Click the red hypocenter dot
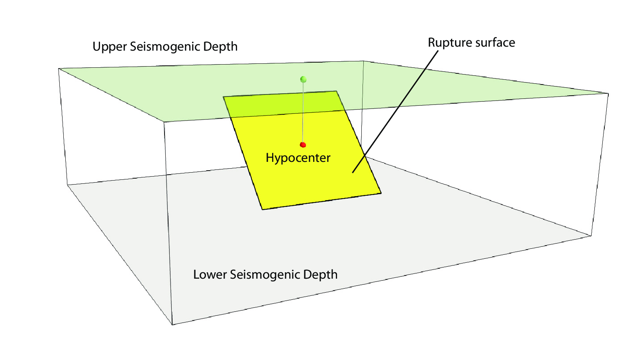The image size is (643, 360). coord(303,145)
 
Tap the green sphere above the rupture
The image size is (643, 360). coord(303,79)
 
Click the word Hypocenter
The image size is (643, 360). coord(298,158)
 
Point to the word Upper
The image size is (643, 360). coord(110,47)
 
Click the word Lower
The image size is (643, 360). coord(210,275)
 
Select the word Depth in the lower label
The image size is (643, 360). coord(320,275)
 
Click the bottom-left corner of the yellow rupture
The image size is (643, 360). coord(262,209)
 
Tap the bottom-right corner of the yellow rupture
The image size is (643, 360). coord(381,193)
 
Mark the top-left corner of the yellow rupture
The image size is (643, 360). coord(223,97)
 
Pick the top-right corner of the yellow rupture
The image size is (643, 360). coord(337,91)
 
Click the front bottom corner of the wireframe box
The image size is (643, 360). coord(172,325)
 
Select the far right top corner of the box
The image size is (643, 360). coord(608,93)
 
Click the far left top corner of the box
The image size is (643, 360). coord(59,69)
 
